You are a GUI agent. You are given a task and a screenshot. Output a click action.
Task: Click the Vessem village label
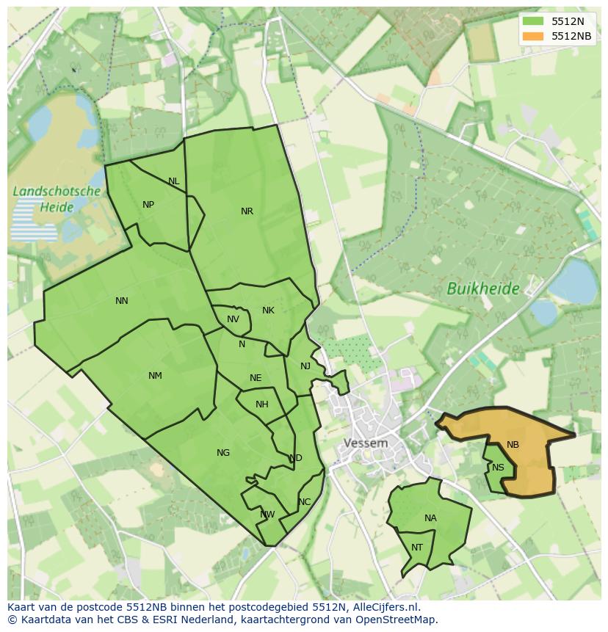pyautogui.click(x=365, y=443)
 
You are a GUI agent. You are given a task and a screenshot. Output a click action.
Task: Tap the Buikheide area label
pyautogui.click(x=482, y=289)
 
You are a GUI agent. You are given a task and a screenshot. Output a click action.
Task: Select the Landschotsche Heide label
pyautogui.click(x=57, y=199)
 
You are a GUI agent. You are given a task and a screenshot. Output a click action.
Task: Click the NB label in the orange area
pyautogui.click(x=513, y=445)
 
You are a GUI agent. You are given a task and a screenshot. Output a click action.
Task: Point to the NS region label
pyautogui.click(x=498, y=468)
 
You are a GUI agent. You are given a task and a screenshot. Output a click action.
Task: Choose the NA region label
pyautogui.click(x=430, y=518)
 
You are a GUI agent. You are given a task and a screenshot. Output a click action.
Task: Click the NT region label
pyautogui.click(x=417, y=548)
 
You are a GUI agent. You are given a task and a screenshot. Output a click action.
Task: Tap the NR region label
pyautogui.click(x=247, y=211)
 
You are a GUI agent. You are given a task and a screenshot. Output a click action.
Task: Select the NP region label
pyautogui.click(x=148, y=205)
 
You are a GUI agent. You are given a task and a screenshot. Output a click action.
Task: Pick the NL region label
pyautogui.click(x=173, y=181)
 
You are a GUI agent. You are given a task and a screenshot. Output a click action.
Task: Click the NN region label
pyautogui.click(x=122, y=301)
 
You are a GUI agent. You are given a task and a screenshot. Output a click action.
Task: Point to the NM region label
pyautogui.click(x=155, y=376)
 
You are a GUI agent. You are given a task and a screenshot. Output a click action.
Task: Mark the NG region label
pyautogui.click(x=223, y=453)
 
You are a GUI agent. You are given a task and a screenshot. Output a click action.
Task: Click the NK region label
pyautogui.click(x=268, y=310)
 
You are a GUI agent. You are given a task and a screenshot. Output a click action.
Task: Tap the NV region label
pyautogui.click(x=233, y=319)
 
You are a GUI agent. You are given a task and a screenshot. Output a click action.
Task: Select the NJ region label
pyautogui.click(x=305, y=366)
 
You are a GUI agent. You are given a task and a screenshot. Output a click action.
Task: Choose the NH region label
pyautogui.click(x=261, y=404)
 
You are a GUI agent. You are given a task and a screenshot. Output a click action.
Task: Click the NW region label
pyautogui.click(x=267, y=515)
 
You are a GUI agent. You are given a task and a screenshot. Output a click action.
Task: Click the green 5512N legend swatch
pyautogui.click(x=533, y=21)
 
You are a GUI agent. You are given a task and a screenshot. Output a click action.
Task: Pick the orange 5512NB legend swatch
pyautogui.click(x=533, y=36)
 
